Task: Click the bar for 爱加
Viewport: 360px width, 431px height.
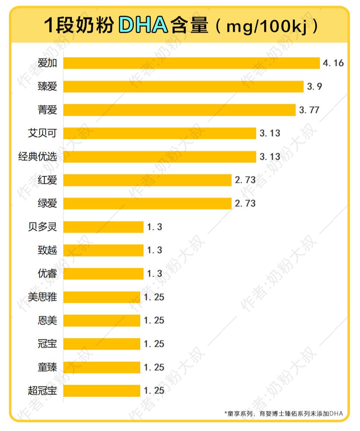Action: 191,63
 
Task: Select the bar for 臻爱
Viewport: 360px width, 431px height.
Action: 183,87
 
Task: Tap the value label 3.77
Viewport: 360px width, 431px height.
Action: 309,110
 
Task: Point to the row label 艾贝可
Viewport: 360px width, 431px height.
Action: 42,133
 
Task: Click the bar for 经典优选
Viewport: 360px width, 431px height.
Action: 160,157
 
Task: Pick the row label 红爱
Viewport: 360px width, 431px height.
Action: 47,180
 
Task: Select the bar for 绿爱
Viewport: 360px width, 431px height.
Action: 147,203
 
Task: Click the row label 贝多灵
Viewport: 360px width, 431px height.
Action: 42,227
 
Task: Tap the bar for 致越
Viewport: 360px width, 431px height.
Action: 103,250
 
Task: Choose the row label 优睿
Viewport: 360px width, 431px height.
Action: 47,274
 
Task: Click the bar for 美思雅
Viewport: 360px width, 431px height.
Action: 102,297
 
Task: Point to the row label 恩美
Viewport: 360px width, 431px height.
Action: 47,320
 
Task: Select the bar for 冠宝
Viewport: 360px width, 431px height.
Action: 102,344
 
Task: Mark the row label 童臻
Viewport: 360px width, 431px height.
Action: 47,367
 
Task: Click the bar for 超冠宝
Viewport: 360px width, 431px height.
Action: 102,391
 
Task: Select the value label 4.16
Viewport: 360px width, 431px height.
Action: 333,63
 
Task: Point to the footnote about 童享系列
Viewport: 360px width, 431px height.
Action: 283,413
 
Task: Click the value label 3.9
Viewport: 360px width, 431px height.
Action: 314,87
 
